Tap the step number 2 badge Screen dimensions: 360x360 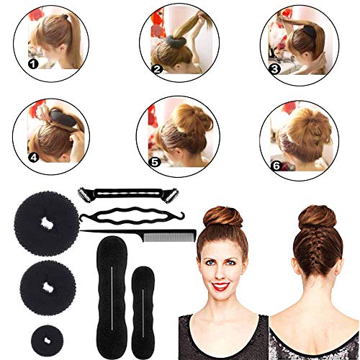pos(156,70)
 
